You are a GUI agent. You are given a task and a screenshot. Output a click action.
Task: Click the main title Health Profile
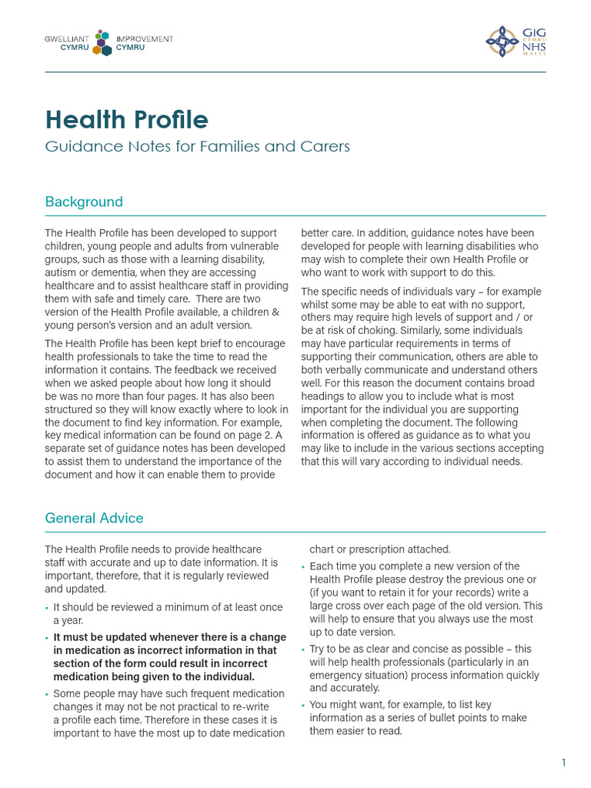click(x=126, y=119)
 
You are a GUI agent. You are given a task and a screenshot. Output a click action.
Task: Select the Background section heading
click(x=84, y=202)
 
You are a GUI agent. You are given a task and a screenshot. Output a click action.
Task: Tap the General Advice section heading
click(x=94, y=518)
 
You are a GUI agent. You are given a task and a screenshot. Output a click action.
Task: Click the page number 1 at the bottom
click(x=563, y=763)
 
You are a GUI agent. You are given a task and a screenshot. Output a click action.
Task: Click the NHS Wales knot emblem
click(x=502, y=41)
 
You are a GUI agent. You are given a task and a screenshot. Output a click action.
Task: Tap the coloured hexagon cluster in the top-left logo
click(x=102, y=42)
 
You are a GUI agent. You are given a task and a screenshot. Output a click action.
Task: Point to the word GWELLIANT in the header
click(x=65, y=38)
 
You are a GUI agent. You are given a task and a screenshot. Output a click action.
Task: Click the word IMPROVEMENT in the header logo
click(x=144, y=38)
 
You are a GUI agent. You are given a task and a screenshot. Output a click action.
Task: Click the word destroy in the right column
click(x=416, y=579)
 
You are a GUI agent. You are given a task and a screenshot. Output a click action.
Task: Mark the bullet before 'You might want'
click(x=303, y=705)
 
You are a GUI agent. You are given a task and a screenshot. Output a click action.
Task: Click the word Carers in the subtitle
click(x=323, y=146)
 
